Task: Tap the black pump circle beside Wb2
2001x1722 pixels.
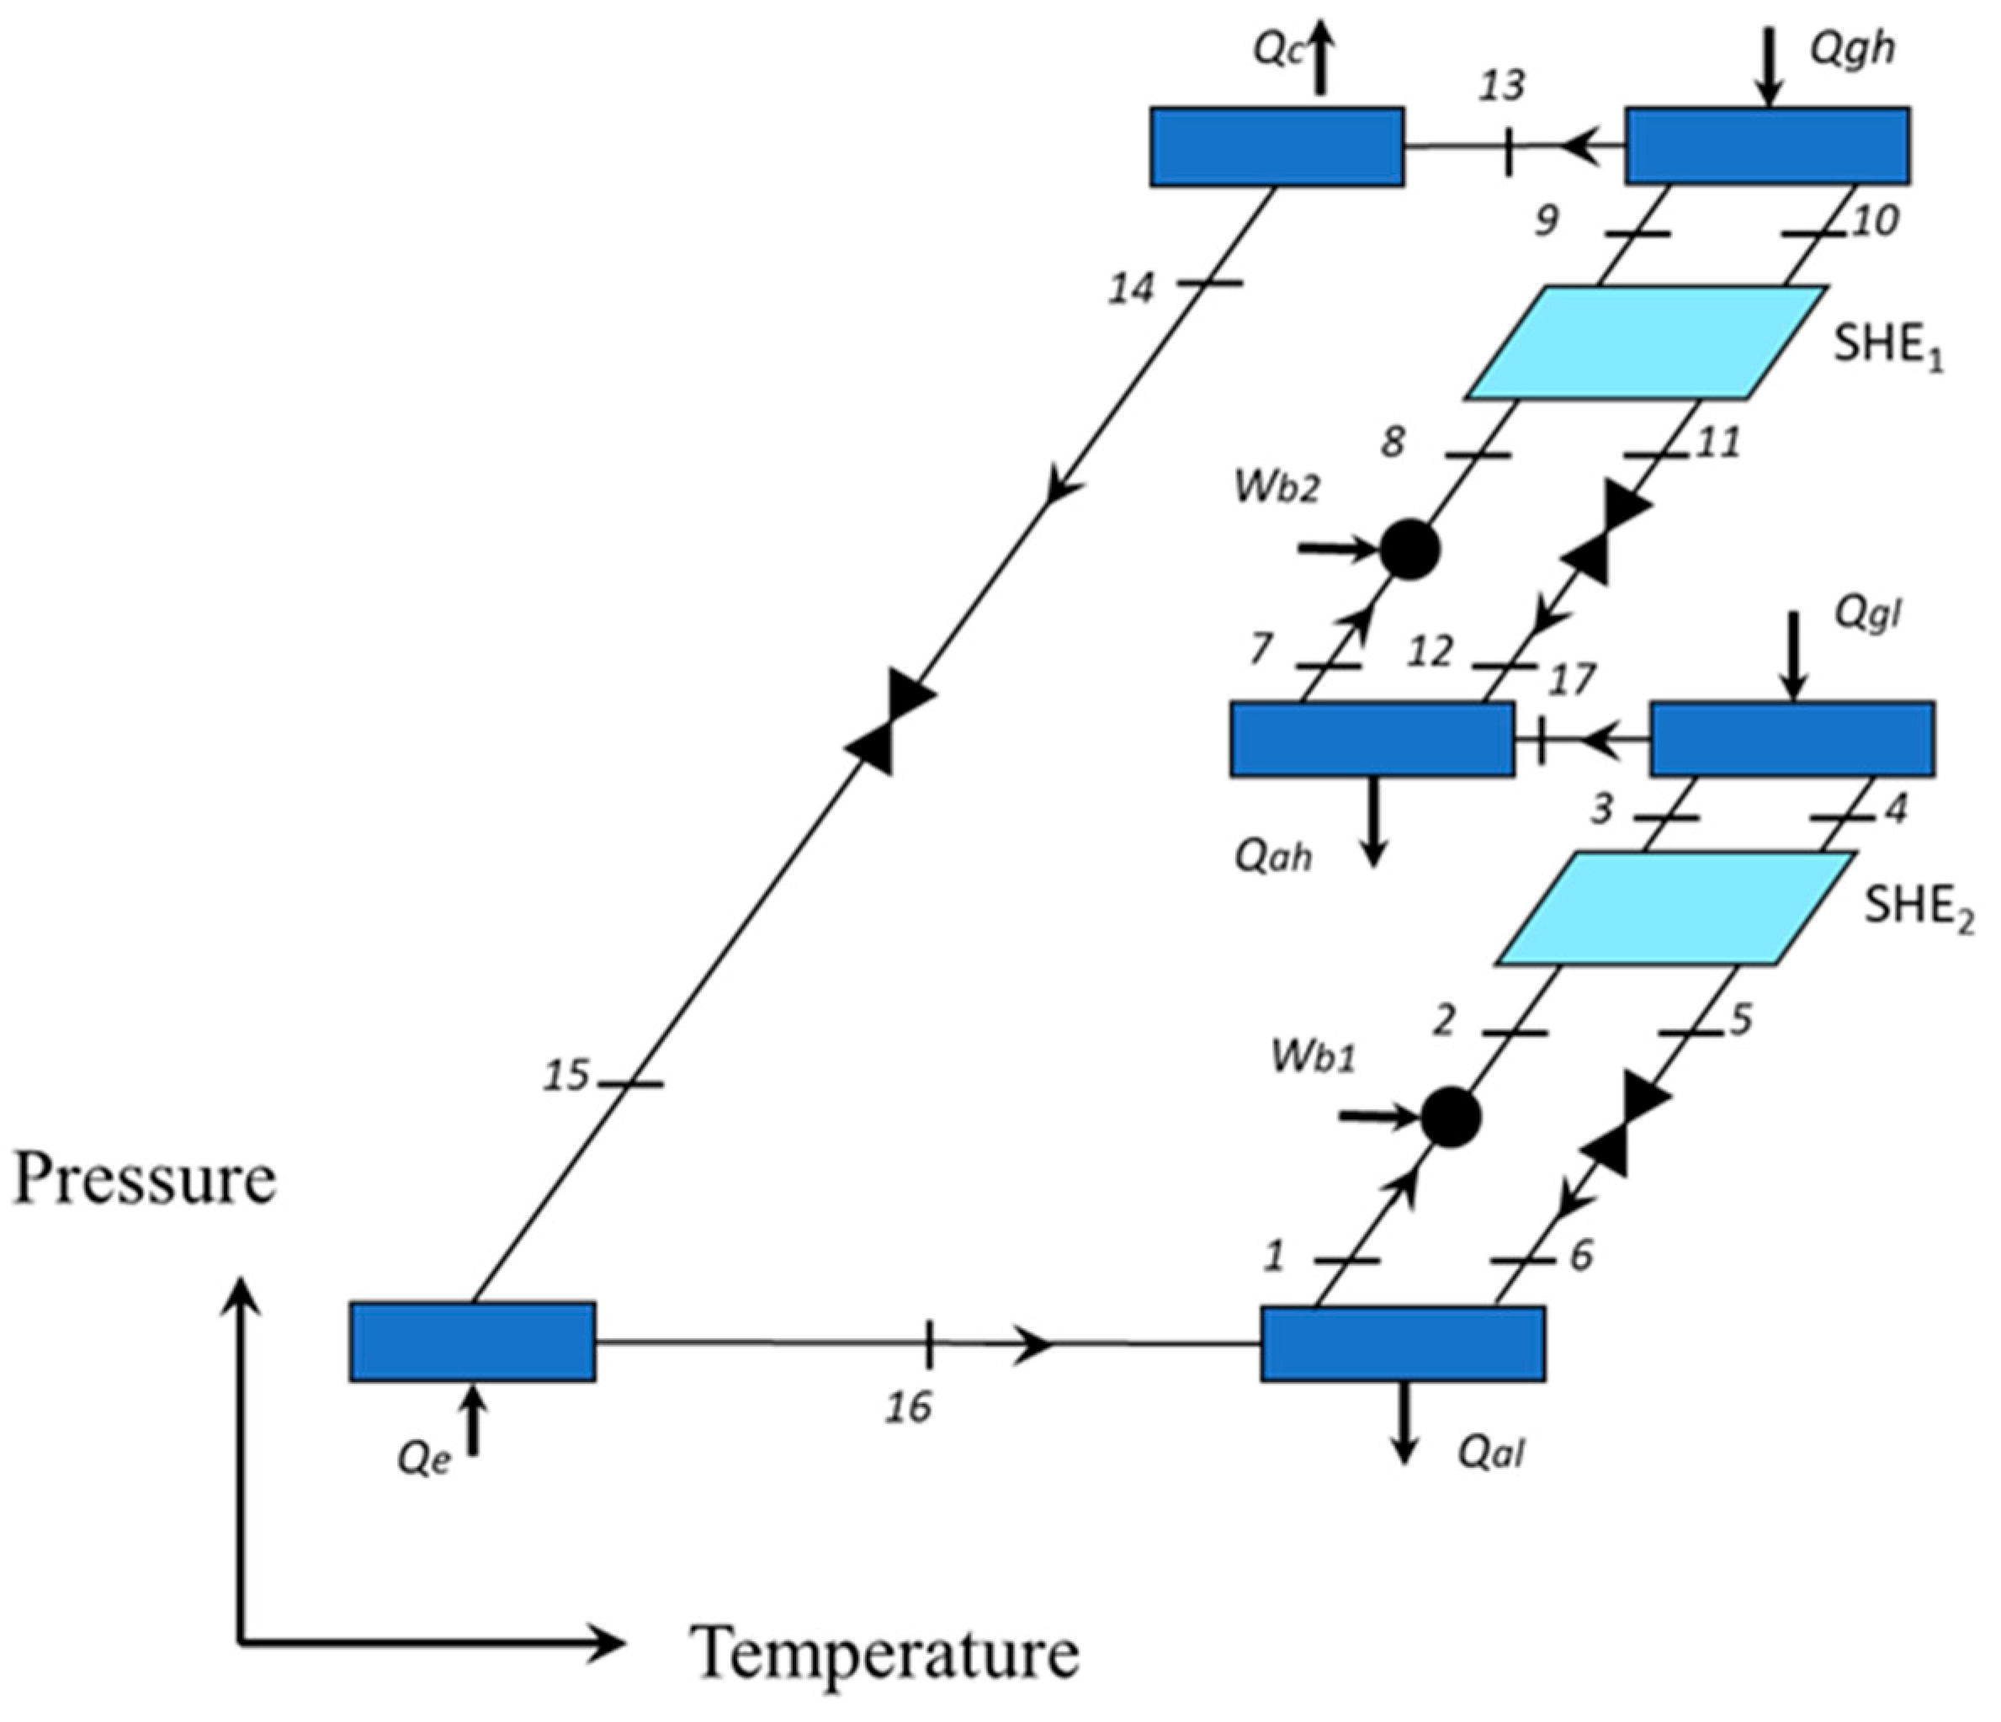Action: (x=1410, y=550)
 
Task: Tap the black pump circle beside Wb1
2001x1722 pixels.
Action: (x=1451, y=1118)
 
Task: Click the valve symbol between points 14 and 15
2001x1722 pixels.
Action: (x=889, y=720)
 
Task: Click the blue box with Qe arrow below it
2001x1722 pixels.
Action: (x=472, y=1342)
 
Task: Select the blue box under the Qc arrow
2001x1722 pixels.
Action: (x=1276, y=146)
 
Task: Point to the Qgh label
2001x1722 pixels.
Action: (x=1851, y=48)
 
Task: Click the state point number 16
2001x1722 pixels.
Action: (x=909, y=1407)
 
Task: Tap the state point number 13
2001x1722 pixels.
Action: (x=1503, y=86)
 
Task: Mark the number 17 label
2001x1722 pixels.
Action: (x=1571, y=680)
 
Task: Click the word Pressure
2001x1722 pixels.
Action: (x=145, y=1179)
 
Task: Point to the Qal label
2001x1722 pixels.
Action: (x=1491, y=1453)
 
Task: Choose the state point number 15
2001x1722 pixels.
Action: (x=565, y=1076)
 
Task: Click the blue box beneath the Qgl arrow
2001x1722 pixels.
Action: (x=1792, y=739)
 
